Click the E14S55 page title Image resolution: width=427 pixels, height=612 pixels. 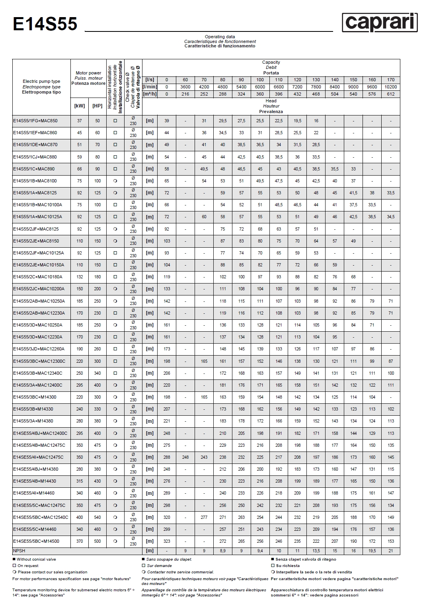(45, 24)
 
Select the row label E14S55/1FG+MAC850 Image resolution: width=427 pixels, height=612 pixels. (35, 121)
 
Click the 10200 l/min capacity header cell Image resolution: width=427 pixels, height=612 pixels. (390, 87)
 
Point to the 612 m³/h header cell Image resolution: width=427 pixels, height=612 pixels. (390, 94)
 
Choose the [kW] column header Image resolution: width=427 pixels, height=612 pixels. (80, 106)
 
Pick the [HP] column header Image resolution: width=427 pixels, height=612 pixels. (97, 106)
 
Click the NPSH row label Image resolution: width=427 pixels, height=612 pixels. (19, 551)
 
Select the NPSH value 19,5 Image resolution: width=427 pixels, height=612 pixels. (372, 551)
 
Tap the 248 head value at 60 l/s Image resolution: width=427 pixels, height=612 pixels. (185, 457)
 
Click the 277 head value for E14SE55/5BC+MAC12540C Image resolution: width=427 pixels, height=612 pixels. (204, 517)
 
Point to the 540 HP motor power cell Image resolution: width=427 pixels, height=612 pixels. (97, 517)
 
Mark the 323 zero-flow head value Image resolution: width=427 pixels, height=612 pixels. (167, 541)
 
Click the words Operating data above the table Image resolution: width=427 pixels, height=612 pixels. (220, 37)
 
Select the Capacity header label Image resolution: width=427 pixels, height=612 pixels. (271, 62)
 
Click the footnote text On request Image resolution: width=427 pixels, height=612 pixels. (28, 566)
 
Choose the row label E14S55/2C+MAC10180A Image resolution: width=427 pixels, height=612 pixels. (38, 277)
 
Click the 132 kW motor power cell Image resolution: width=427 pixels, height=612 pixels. (80, 277)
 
